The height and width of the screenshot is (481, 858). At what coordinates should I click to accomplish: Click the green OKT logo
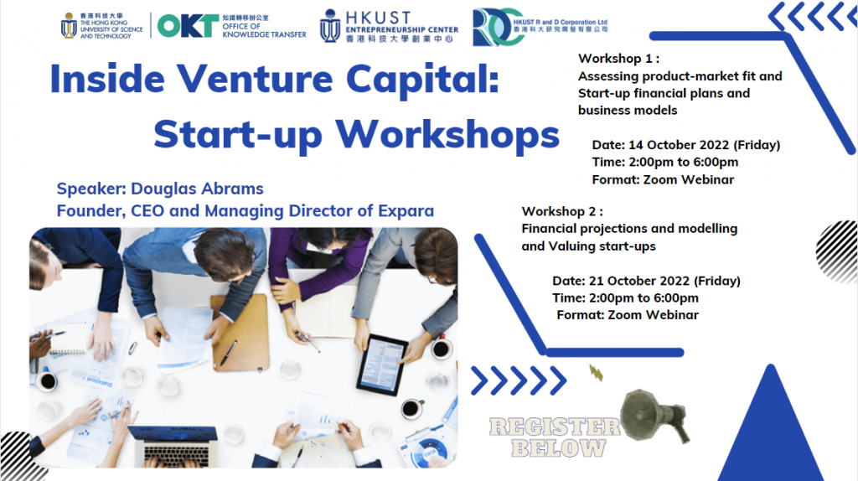pos(188,26)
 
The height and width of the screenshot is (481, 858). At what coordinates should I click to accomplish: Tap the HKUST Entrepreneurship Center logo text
pos(401,26)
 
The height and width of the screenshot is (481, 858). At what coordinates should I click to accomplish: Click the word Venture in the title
pos(255,79)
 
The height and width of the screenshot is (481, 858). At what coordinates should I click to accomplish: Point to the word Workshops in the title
pos(447,135)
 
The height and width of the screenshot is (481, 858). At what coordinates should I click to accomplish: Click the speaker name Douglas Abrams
pos(197,189)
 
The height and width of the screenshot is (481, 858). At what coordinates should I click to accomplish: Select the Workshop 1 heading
pos(618,59)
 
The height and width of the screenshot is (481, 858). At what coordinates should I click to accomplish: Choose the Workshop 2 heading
pos(562,211)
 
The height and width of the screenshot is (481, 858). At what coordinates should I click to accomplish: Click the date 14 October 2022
pos(679,145)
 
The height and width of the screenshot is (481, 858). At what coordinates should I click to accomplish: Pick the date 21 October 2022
pos(638,281)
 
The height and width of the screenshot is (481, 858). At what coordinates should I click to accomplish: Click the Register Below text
pos(555,437)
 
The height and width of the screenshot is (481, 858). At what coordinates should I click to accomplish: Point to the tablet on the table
pos(382,365)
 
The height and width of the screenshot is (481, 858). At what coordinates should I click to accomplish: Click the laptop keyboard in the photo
pos(176,455)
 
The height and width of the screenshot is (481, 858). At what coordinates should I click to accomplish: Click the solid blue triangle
pos(771,432)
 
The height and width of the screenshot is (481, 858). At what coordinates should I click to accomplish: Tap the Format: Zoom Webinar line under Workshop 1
pos(663,179)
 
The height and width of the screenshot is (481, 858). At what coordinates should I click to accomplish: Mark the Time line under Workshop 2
pos(625,298)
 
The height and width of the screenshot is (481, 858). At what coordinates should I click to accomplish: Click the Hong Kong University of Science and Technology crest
pos(69,26)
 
